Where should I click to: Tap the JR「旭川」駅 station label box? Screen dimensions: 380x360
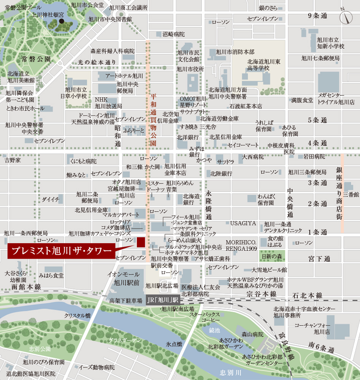[x=162, y=299]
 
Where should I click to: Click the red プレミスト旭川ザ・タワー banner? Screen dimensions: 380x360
[x=61, y=252]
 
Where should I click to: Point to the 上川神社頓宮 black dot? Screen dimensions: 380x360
[x=62, y=21]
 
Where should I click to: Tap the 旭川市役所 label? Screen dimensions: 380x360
[x=190, y=69]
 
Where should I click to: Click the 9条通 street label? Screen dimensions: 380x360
[x=317, y=16]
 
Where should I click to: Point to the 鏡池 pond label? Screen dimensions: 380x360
[x=214, y=331]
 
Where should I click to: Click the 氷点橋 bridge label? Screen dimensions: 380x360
[x=174, y=344]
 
